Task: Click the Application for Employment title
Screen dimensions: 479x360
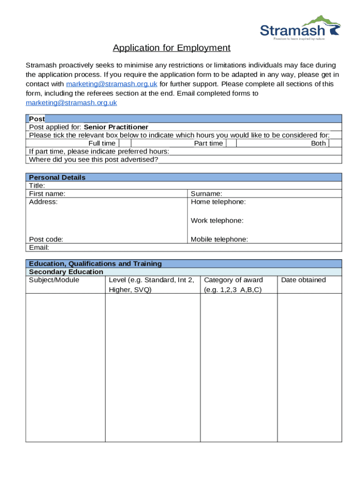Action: point(171,48)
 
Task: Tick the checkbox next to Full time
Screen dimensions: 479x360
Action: point(124,144)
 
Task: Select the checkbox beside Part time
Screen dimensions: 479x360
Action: point(231,144)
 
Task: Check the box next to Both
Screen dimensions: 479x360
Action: point(335,144)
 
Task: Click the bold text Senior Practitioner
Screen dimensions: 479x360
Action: point(116,127)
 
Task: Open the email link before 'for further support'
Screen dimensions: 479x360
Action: point(111,84)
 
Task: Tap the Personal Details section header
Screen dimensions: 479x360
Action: point(57,177)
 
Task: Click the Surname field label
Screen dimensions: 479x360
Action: point(206,194)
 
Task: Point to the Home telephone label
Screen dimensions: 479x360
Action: point(218,202)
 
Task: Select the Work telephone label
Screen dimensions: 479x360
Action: point(217,221)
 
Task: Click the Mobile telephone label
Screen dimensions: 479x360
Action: point(219,239)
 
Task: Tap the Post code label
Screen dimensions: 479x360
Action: point(46,239)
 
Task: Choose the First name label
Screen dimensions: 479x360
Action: point(47,194)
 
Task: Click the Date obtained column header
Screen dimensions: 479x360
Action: point(303,280)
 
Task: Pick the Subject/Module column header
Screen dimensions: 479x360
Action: point(54,280)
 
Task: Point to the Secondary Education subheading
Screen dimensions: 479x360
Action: point(66,272)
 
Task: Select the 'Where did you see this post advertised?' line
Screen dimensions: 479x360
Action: point(94,160)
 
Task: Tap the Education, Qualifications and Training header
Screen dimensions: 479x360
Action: point(95,264)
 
